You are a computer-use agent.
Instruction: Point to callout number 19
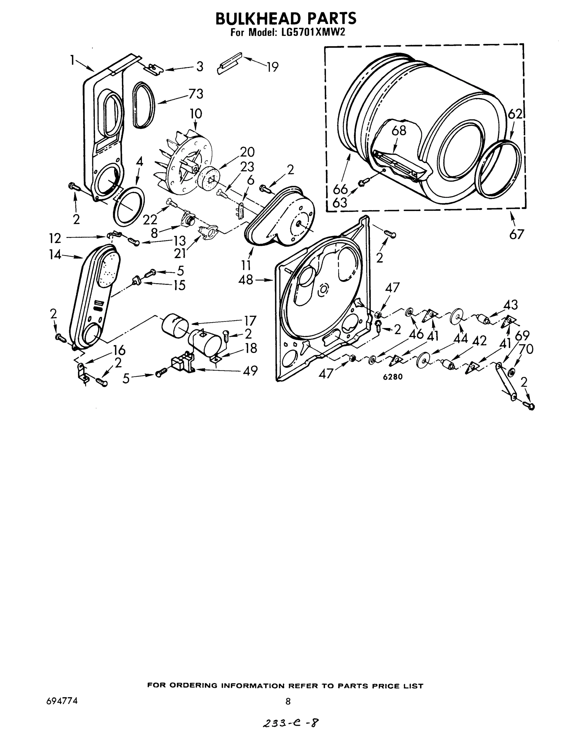272,67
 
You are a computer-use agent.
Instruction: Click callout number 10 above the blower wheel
196,114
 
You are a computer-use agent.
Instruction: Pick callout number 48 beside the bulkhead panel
246,280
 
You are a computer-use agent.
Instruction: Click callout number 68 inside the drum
399,130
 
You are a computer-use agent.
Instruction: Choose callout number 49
250,371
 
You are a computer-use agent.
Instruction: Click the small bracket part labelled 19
229,64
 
